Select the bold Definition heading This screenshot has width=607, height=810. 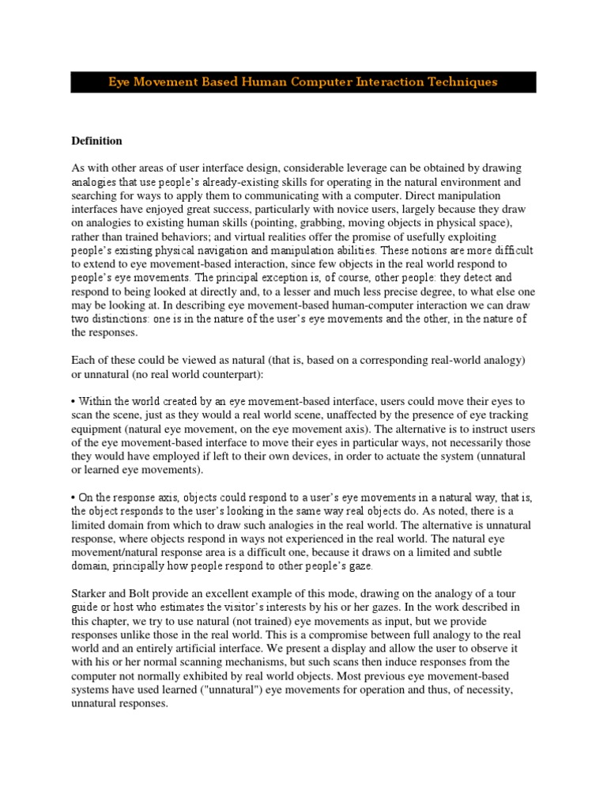(x=96, y=141)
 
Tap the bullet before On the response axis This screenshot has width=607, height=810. (x=74, y=498)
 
